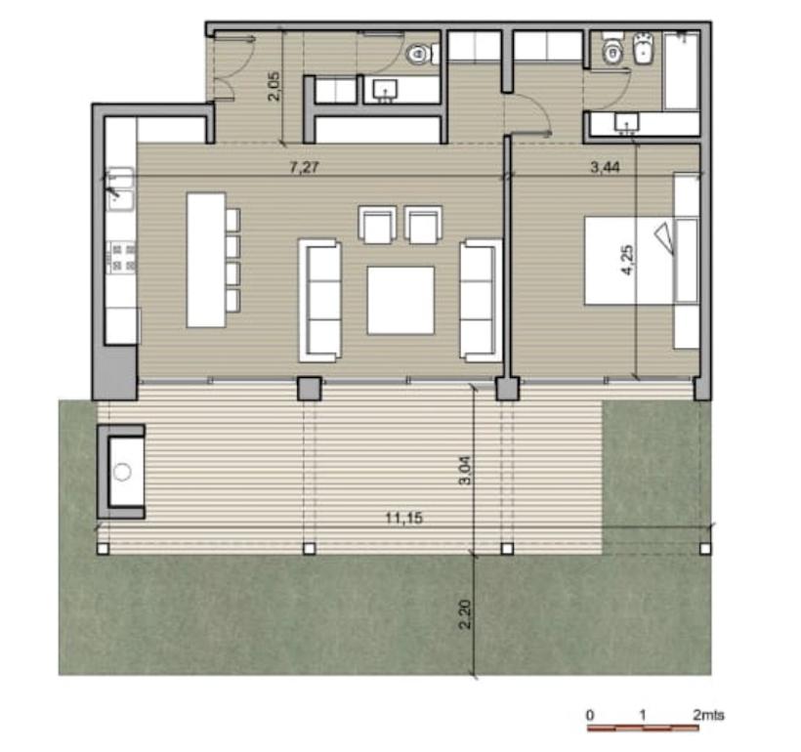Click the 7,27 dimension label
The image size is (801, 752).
305,167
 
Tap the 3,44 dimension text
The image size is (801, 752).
605,167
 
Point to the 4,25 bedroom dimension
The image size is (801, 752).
627,261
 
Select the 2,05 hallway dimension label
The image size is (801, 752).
274,86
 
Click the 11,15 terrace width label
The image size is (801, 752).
403,518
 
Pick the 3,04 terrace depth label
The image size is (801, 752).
465,471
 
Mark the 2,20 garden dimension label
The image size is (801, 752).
465,614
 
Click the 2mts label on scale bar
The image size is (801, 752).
708,715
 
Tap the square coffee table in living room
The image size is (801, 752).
400,301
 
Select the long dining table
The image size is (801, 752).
206,260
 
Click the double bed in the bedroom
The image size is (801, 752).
629,261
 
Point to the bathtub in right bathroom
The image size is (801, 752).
681,70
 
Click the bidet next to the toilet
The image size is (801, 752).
644,49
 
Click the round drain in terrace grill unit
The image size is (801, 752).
123,472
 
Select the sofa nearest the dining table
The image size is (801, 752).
319,301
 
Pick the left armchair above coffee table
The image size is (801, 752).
377,225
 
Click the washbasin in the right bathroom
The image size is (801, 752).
626,123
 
